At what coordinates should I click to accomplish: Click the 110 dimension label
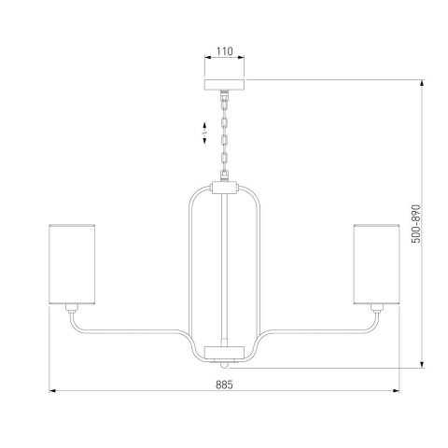click(x=224, y=51)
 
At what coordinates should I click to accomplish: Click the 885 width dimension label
click(x=224, y=385)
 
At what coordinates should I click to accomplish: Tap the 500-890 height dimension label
click(x=415, y=224)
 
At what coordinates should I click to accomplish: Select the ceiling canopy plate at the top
click(x=224, y=85)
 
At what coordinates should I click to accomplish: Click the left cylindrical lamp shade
click(x=72, y=264)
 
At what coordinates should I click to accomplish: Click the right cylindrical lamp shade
click(x=376, y=264)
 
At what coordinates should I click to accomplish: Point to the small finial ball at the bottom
click(x=224, y=365)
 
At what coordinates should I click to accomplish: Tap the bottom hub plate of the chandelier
click(x=224, y=353)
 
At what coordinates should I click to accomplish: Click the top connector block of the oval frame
click(x=224, y=188)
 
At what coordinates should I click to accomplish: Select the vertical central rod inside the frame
click(x=224, y=270)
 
